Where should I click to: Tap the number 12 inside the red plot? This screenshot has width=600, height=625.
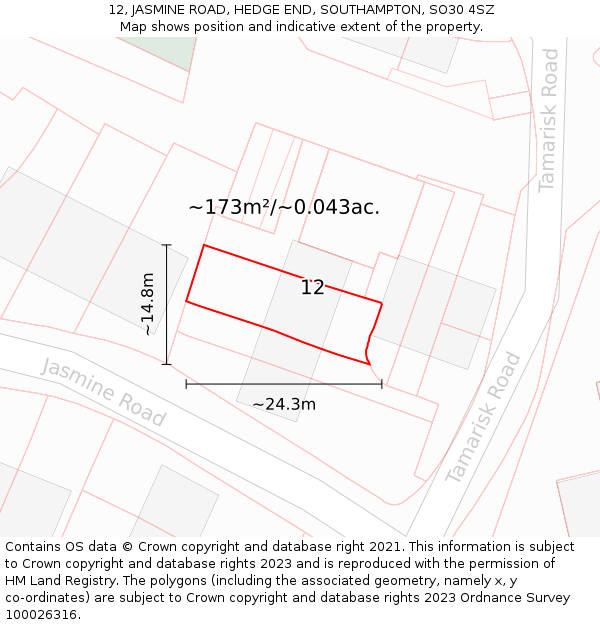click(x=312, y=288)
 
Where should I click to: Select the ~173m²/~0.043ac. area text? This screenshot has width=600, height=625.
click(x=284, y=207)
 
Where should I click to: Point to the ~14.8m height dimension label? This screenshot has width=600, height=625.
click(x=147, y=304)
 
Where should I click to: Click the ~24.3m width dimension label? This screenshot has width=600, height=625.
click(x=284, y=404)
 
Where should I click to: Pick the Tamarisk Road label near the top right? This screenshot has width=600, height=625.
click(x=549, y=120)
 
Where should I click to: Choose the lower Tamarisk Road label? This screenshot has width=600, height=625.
click(x=484, y=417)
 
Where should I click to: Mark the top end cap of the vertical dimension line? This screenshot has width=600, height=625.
click(x=167, y=245)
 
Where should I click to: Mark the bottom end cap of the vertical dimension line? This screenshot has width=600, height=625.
click(x=167, y=364)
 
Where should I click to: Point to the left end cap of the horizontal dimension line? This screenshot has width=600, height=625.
click(x=186, y=383)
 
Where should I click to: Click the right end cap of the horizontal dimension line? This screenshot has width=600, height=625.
click(x=382, y=383)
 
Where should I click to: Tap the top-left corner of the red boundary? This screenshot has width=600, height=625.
click(x=204, y=245)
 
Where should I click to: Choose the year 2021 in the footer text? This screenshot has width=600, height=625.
click(x=386, y=547)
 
